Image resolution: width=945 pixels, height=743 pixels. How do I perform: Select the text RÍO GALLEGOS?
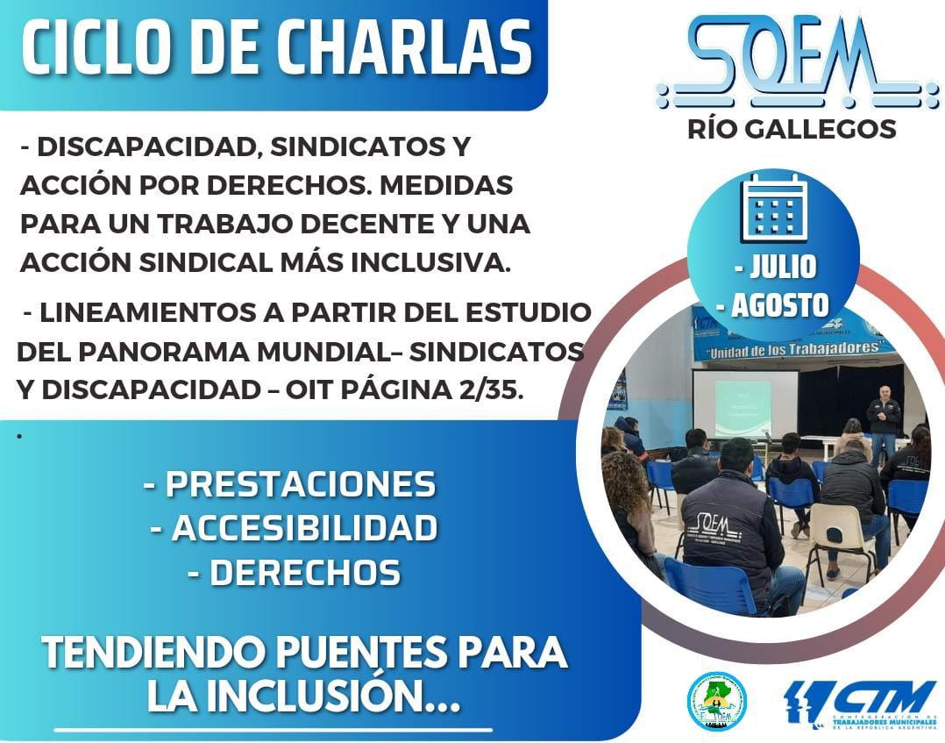click(792, 129)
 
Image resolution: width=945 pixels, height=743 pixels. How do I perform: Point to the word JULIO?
click(772, 266)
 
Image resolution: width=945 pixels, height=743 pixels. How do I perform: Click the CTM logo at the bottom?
click(859, 702)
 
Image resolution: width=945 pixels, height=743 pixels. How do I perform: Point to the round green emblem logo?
click(716, 701)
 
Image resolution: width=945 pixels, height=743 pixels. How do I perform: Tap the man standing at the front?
click(884, 421)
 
